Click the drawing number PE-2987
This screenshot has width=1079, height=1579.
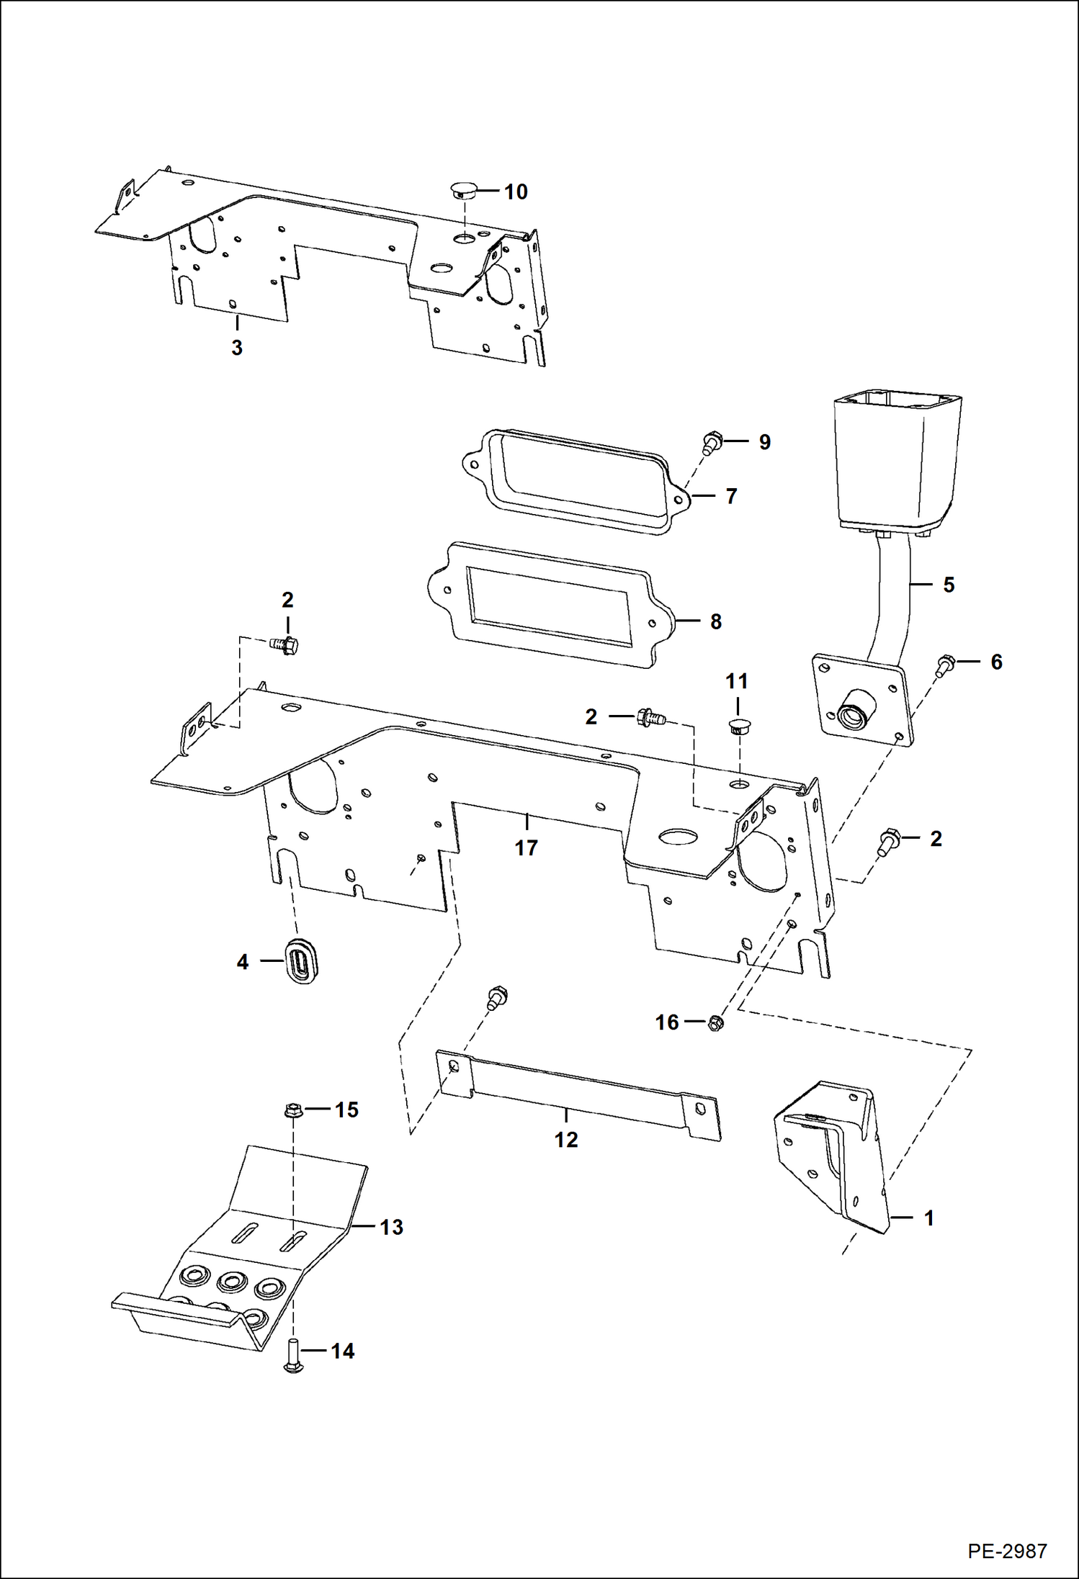1006,1550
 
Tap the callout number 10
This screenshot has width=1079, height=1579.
515,192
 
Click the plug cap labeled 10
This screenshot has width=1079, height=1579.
460,190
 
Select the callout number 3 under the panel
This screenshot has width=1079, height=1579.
237,347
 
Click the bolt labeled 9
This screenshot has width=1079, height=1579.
712,441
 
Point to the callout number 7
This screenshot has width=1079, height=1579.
731,496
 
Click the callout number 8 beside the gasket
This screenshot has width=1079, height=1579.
715,621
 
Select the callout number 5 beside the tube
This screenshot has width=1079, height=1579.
949,585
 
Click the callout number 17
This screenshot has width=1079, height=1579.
526,847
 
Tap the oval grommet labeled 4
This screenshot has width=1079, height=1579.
303,961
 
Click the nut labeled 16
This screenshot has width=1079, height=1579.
715,1022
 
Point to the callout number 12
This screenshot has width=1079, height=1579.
566,1139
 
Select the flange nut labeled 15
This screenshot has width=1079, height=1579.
292,1110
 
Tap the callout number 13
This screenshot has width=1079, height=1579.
391,1227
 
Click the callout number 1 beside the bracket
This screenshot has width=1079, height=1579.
928,1218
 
